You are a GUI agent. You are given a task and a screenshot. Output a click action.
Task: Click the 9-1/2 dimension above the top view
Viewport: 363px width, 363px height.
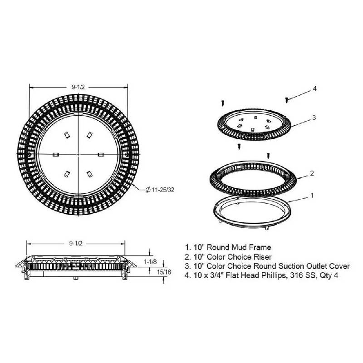(78, 87)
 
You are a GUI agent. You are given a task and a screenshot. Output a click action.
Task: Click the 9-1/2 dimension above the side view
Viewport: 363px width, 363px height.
(76, 243)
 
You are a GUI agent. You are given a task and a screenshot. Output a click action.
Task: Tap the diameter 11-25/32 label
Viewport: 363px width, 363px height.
(160, 190)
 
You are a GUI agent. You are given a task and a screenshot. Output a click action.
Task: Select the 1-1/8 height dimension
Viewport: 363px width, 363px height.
(151, 262)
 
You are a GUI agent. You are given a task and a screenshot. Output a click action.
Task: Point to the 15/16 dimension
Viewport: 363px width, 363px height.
(164, 272)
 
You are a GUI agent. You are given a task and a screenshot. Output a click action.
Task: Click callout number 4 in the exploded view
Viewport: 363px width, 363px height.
(314, 88)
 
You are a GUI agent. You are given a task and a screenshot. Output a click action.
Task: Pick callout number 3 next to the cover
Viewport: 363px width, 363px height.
(314, 118)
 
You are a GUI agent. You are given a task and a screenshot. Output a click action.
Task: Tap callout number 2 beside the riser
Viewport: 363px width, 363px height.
(312, 173)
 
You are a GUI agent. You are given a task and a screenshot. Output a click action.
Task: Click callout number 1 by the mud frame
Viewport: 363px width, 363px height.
(312, 196)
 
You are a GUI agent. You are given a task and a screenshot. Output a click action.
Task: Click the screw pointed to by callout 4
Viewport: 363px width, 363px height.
(287, 100)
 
